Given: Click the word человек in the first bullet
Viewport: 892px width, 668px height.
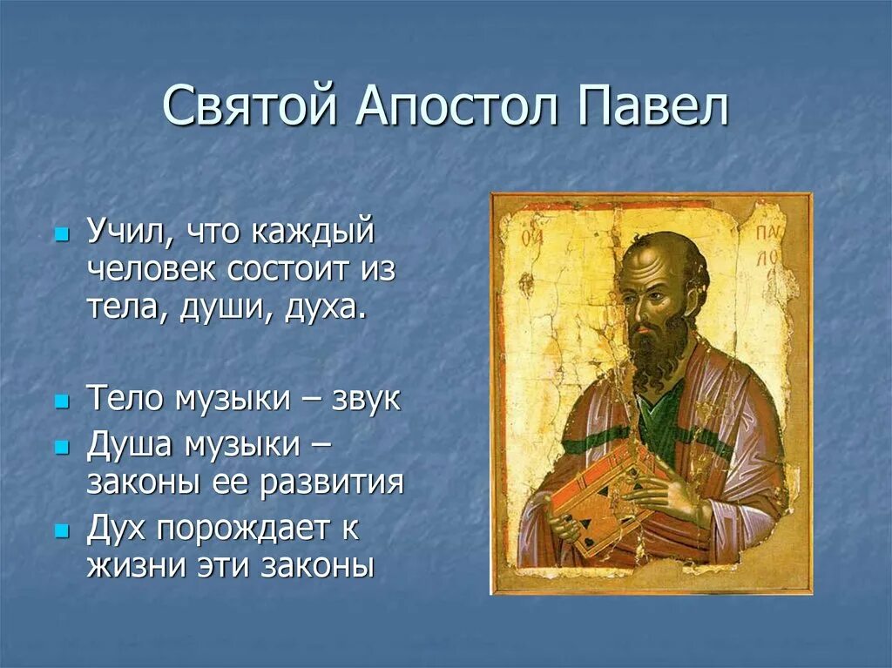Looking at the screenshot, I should coord(153,270).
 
